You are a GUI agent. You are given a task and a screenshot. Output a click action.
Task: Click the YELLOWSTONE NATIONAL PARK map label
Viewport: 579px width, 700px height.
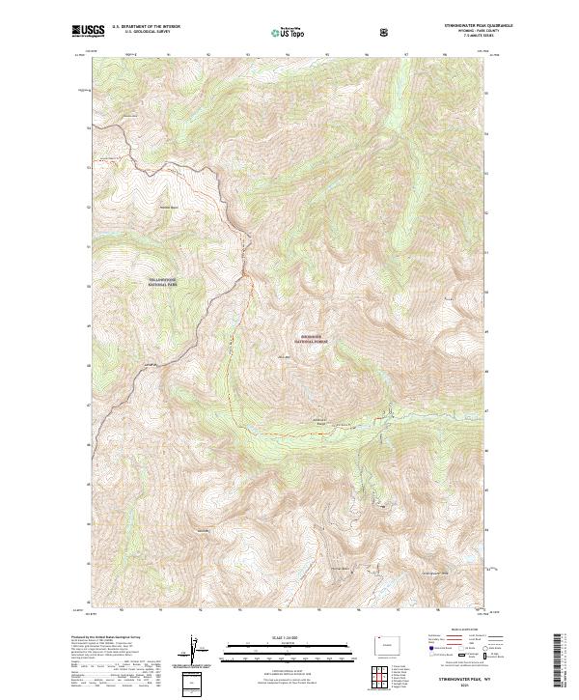point(163,284)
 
